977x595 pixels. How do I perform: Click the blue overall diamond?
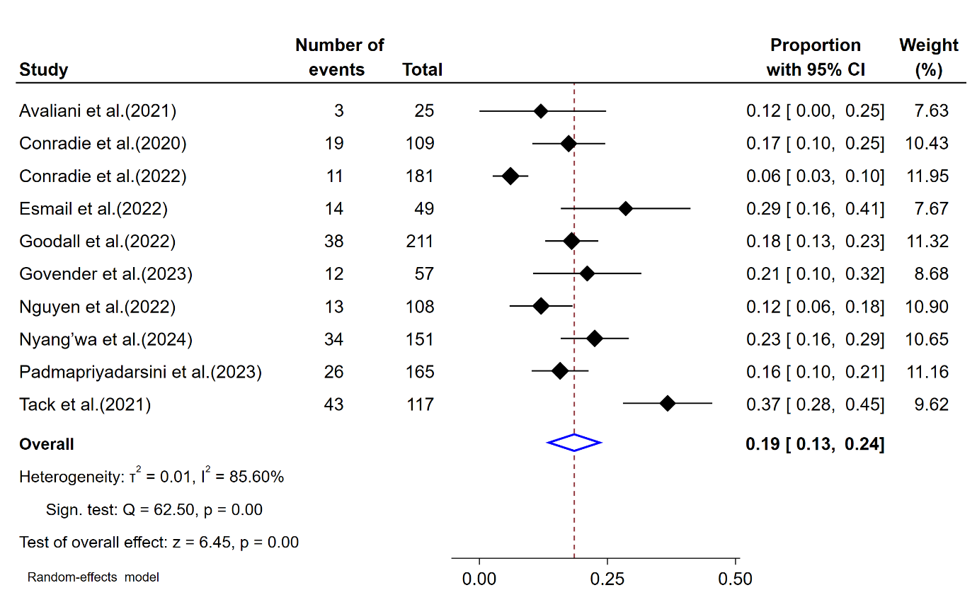click(574, 443)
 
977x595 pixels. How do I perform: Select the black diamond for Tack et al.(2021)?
click(668, 403)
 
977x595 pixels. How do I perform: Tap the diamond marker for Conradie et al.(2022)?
click(510, 176)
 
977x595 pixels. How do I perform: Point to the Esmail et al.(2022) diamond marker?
click(625, 209)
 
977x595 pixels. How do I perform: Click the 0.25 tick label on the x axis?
click(607, 579)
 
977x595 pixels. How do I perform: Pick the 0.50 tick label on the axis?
click(736, 579)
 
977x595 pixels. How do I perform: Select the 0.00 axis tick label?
click(479, 579)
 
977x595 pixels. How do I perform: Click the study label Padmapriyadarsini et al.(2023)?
click(140, 372)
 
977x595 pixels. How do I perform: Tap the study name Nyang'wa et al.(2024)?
click(105, 339)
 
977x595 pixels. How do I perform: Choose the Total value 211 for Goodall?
click(420, 242)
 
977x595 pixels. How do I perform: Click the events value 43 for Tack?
click(334, 404)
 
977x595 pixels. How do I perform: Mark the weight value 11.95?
click(927, 176)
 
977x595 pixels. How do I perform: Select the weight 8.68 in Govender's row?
click(931, 274)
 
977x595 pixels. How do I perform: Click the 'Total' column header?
click(422, 70)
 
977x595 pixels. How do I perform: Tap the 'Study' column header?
click(44, 70)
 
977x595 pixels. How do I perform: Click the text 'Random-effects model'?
click(93, 577)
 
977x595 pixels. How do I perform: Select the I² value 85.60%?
click(256, 477)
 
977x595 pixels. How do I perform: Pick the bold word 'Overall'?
click(47, 444)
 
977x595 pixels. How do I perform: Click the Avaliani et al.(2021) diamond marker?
click(541, 111)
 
